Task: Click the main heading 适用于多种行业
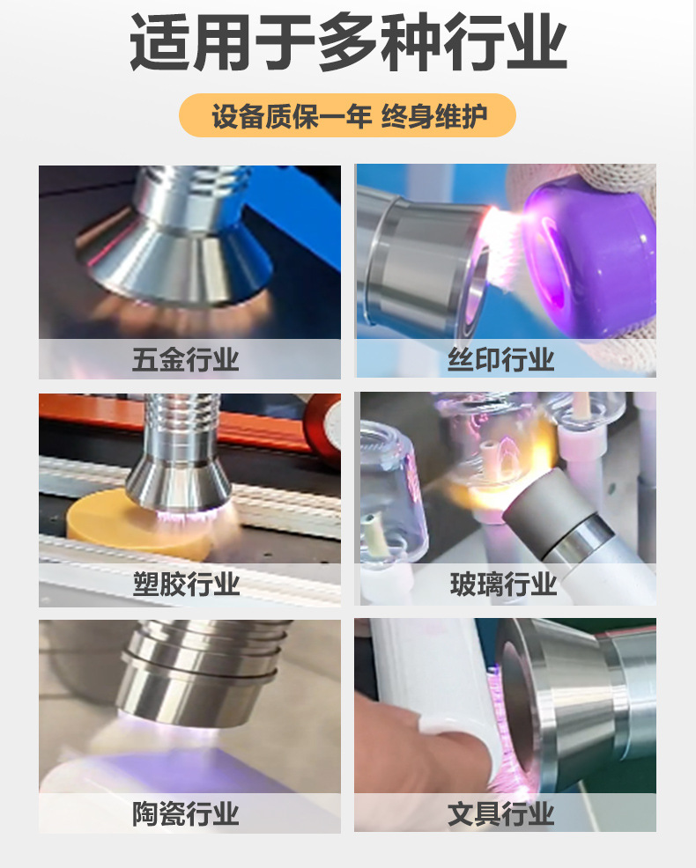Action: (348, 42)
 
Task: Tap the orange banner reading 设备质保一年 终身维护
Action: (347, 116)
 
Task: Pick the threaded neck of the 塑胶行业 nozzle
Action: (180, 423)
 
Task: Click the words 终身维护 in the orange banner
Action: (435, 116)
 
